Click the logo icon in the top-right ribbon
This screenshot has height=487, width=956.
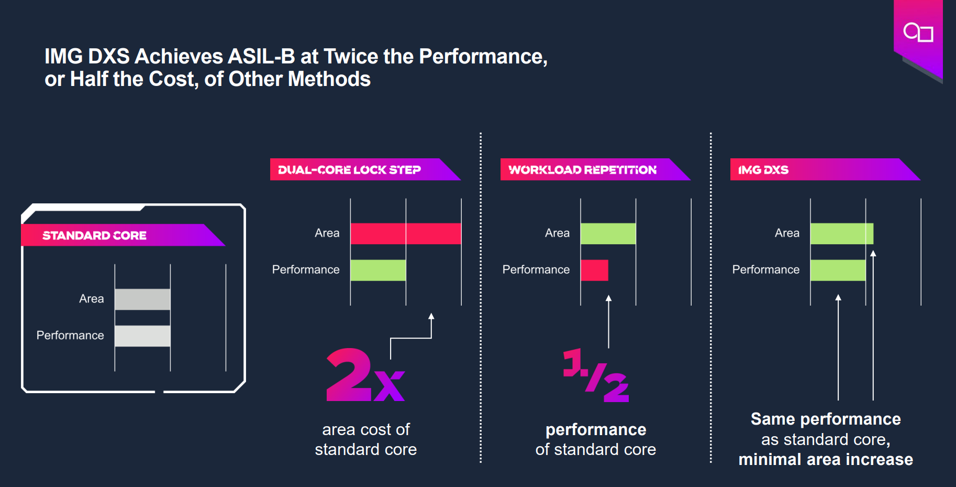pos(918,33)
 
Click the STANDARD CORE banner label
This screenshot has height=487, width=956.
pos(94,235)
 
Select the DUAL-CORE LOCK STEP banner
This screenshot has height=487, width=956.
pos(349,170)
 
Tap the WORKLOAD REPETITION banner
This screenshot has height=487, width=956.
pos(582,170)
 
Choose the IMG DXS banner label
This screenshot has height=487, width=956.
pos(763,170)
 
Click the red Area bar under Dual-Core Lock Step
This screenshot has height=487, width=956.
pos(406,234)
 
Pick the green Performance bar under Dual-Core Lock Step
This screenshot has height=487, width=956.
pos(378,270)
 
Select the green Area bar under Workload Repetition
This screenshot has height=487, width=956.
pos(608,234)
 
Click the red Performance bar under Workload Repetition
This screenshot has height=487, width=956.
pos(594,270)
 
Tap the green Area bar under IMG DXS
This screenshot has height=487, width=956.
pos(841,234)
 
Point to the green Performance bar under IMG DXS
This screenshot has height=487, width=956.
pos(838,270)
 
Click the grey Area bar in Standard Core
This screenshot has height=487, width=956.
pos(142,299)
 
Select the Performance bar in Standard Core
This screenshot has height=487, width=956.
pos(142,336)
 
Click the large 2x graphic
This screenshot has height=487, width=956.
pos(365,375)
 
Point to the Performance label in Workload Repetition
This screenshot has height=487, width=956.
pos(536,269)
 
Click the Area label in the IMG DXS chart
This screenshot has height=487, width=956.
pos(787,233)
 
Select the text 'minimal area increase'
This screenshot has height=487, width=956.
pos(826,460)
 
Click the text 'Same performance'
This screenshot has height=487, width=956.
pos(826,419)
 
